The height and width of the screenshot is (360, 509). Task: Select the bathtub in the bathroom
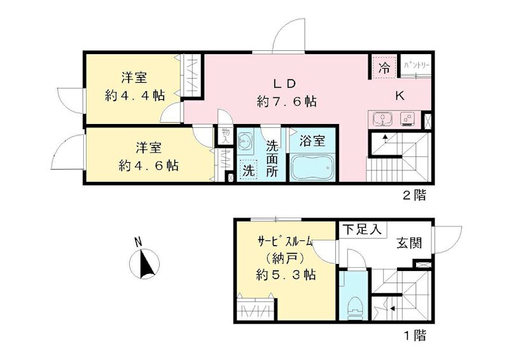tap(312, 168)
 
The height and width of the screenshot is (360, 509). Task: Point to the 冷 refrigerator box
tap(384, 68)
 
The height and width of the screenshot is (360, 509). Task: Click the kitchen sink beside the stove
tap(382, 119)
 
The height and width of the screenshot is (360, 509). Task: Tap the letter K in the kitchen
tap(400, 96)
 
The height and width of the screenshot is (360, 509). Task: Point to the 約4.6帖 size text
tap(148, 165)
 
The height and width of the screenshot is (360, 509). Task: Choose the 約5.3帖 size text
tap(286, 275)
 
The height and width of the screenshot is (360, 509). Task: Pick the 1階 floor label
tap(414, 333)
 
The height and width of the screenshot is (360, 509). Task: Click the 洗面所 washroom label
tap(272, 159)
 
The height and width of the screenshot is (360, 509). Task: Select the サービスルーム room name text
tap(285, 242)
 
